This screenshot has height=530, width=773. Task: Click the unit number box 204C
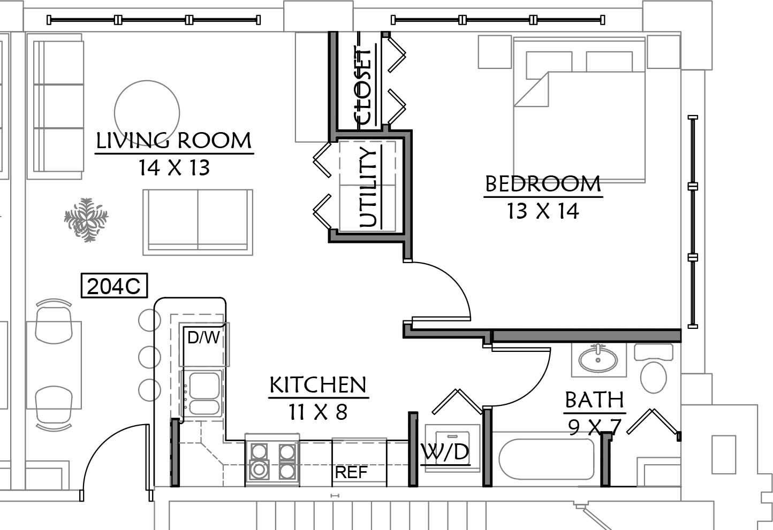(114, 286)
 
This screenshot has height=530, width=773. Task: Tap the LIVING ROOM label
(173, 141)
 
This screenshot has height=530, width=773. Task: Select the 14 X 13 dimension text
(174, 167)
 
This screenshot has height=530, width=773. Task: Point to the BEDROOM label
(543, 184)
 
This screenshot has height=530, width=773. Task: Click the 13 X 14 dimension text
(543, 211)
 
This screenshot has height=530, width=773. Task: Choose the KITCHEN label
(318, 385)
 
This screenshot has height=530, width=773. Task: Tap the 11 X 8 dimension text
(318, 412)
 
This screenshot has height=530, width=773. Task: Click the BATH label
(594, 400)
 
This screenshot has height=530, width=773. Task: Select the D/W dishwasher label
(203, 337)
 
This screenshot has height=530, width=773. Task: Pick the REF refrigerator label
(351, 472)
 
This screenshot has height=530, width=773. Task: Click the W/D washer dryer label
(445, 452)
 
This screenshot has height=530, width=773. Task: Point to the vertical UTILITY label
(368, 187)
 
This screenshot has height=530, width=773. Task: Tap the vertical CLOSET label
(363, 87)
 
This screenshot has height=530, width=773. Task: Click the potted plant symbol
(86, 220)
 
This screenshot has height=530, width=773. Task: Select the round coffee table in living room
(147, 113)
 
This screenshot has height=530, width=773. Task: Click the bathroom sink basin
(598, 359)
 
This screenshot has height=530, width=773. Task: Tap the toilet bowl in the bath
(653, 377)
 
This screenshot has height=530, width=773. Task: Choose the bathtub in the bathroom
(546, 459)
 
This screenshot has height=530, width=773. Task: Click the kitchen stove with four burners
(272, 460)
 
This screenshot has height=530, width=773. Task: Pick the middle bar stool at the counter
(149, 357)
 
